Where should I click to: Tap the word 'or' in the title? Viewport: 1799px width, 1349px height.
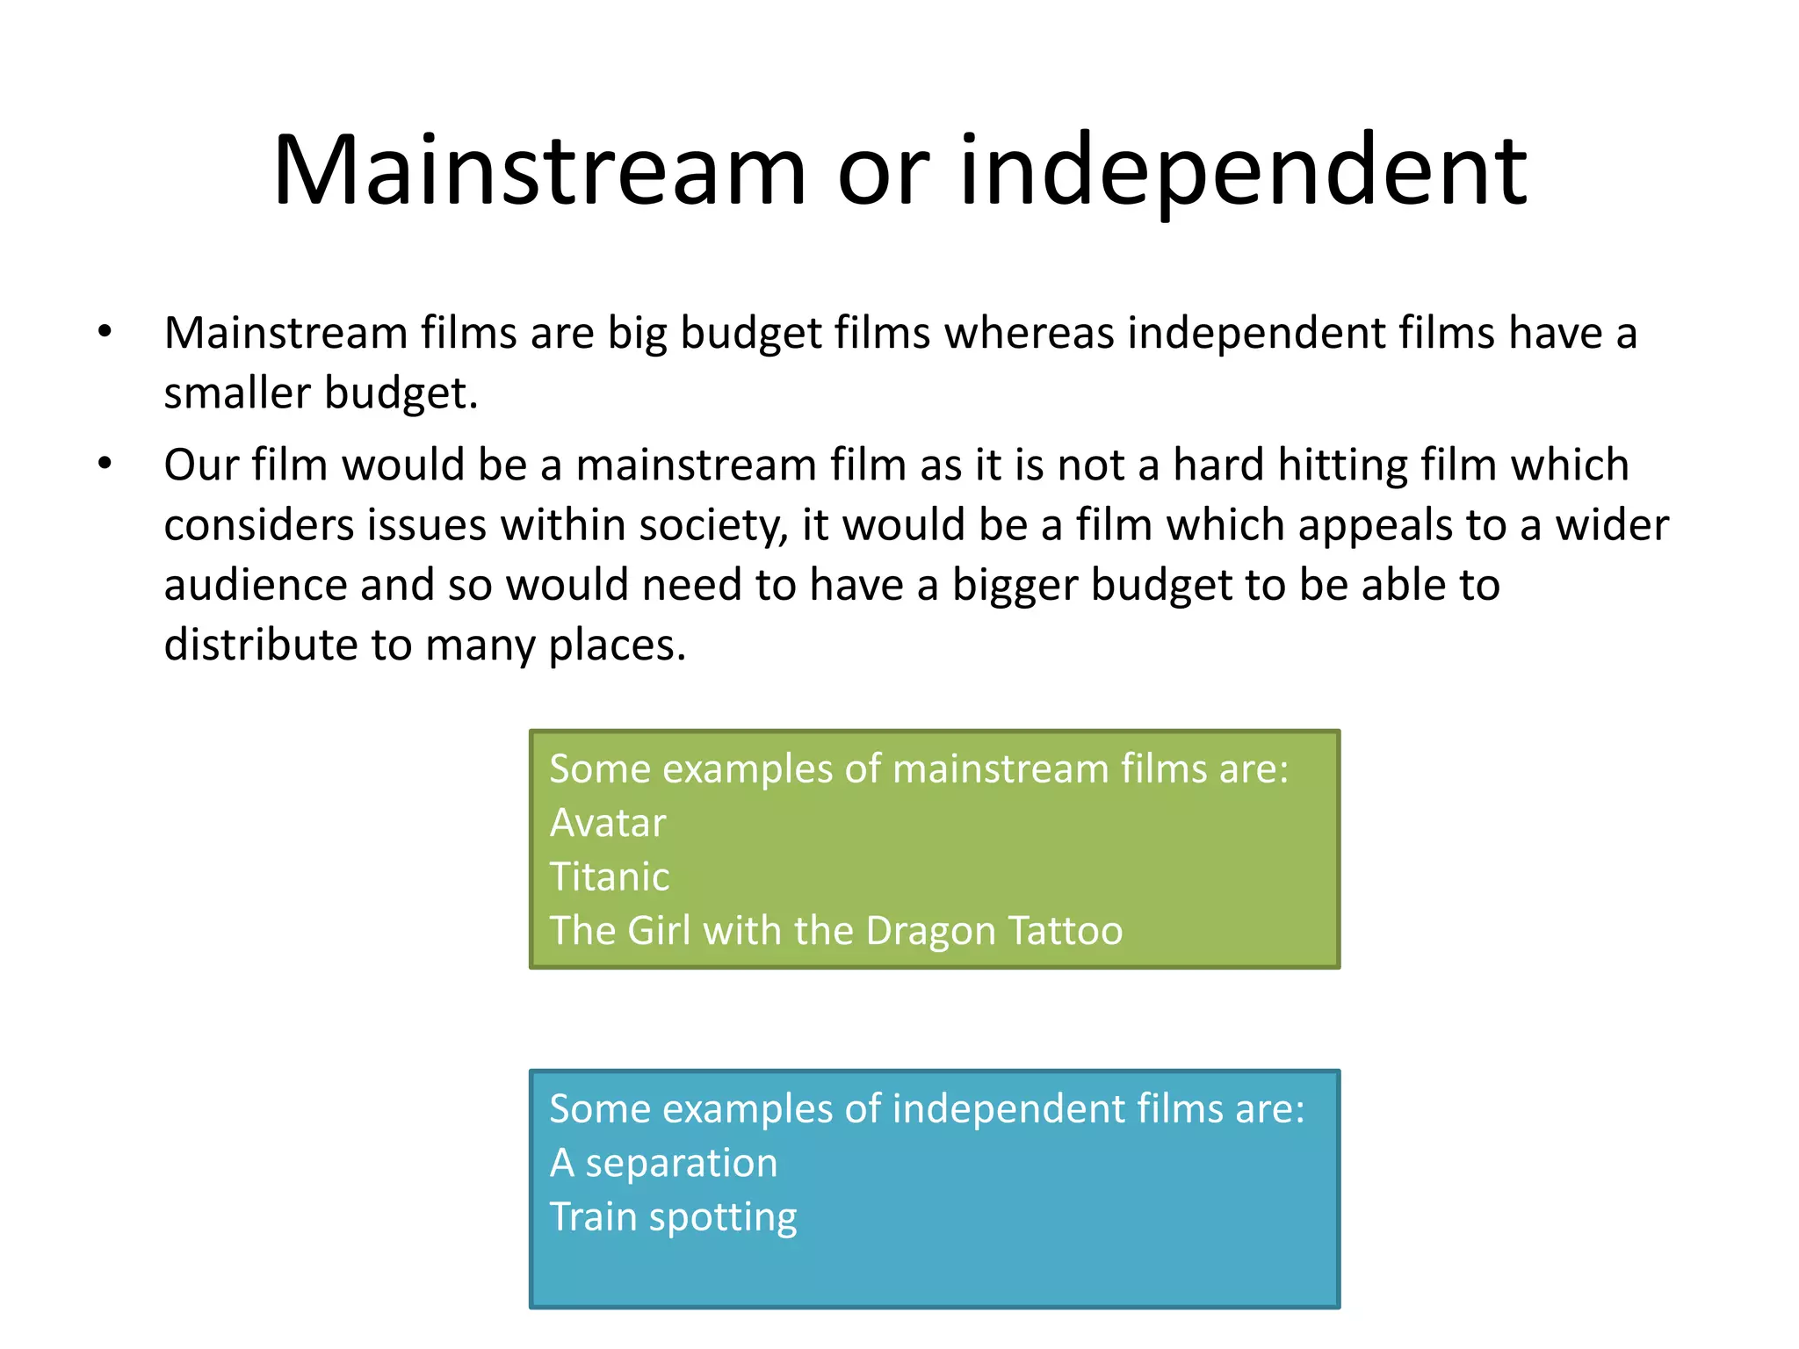click(883, 171)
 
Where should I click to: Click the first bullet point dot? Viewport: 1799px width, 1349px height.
click(105, 332)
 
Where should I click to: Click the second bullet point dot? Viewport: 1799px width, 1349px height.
click(105, 463)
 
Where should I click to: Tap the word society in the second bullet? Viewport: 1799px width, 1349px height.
click(712, 525)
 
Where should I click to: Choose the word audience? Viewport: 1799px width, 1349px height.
click(255, 585)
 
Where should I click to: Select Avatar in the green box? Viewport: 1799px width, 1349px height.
click(608, 824)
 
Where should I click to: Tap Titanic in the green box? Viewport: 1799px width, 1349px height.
click(610, 877)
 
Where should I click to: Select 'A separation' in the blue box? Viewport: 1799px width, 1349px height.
click(664, 1164)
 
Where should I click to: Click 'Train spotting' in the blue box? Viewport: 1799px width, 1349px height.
click(674, 1218)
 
